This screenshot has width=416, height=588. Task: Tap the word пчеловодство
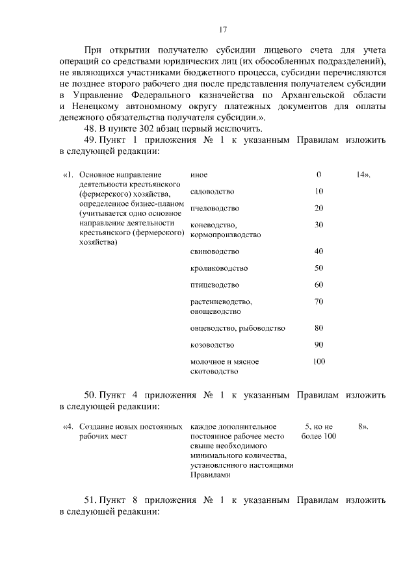pos(214,209)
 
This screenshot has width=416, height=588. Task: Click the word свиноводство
pos(214,251)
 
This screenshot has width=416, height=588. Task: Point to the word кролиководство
pos(218,268)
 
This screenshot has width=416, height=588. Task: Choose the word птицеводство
pos(214,285)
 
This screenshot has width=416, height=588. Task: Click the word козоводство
pos(212,345)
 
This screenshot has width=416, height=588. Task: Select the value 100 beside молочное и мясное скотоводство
pos(318,361)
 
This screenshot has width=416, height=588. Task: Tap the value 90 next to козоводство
pos(318,344)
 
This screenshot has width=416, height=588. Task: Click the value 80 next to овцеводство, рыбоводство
pos(318,327)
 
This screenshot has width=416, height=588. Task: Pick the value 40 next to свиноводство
pos(318,251)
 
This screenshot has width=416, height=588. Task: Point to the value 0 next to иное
pos(318,175)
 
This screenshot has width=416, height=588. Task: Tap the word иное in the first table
pos(199,175)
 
